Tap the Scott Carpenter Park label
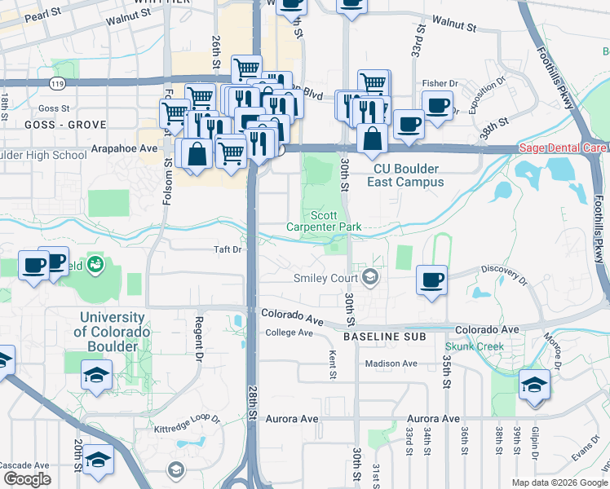pos(324,220)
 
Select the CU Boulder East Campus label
pos(406,175)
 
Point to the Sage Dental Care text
pos(563,149)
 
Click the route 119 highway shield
pos(57,83)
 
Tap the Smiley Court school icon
pos(371,278)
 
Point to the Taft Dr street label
pos(228,249)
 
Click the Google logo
pos(27,479)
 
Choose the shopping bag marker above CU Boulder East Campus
pos(373,139)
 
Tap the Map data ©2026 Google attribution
pos(559,482)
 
